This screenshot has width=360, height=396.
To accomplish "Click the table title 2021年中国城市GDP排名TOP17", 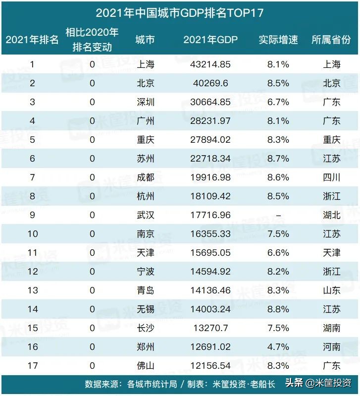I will [179, 12].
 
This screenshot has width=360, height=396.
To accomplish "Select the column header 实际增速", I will [278, 40].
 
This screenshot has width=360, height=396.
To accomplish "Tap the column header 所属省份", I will [331, 40].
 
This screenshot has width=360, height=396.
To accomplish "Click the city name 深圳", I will [146, 102].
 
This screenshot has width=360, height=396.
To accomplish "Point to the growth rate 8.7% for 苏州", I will [278, 159].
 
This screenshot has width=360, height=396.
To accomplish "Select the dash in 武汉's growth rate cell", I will [278, 215].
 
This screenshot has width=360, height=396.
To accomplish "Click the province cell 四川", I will [331, 177].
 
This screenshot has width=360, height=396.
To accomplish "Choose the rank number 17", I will [32, 366].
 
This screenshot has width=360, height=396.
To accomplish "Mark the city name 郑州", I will [146, 347].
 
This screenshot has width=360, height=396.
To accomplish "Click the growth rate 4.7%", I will [278, 347].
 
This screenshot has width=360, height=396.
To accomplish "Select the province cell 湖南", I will [331, 328].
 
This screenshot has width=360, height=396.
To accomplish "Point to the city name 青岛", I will [146, 290].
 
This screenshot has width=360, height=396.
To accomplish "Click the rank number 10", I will [32, 234].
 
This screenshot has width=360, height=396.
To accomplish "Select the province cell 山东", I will [331, 290].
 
